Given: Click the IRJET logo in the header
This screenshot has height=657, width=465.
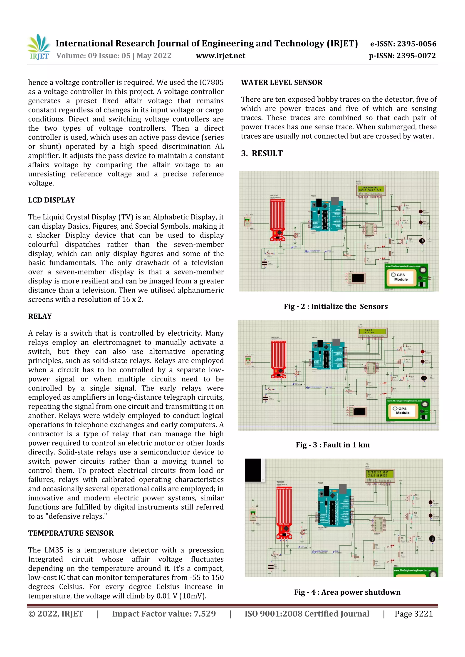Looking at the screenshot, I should point(39,47).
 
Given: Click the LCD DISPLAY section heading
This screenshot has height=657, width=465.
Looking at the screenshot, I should point(52,200).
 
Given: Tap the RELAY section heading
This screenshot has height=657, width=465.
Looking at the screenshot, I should point(40,316).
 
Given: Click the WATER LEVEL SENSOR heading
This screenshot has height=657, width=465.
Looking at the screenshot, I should point(282,83).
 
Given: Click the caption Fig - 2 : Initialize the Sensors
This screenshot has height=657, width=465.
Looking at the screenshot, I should point(336,306).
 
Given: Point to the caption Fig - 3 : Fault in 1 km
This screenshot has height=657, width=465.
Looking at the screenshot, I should point(333,445).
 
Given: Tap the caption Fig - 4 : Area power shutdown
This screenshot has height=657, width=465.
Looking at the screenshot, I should point(347,592).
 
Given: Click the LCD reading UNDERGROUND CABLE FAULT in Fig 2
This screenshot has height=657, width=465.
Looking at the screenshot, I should point(371,189).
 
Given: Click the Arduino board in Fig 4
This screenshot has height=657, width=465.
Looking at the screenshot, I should point(334,507).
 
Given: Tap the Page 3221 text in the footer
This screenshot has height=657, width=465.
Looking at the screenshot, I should point(413,614).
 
